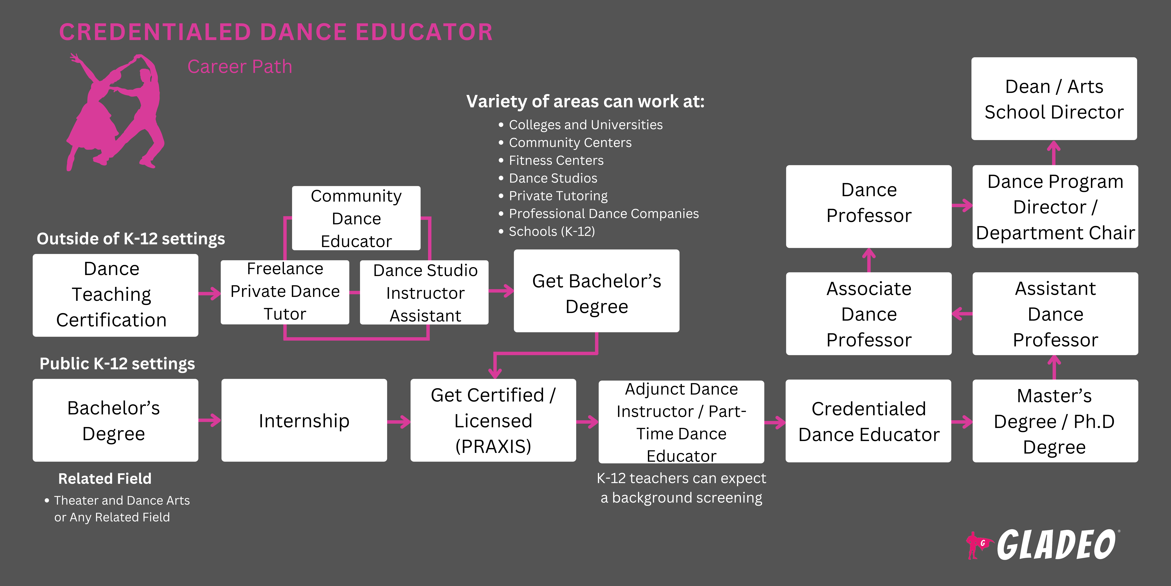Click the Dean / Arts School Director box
1054,99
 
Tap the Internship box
304,420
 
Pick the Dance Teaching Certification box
115,295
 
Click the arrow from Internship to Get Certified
399,422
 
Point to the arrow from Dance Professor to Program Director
962,206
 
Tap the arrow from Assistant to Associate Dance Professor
962,314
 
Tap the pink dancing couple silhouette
116,111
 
